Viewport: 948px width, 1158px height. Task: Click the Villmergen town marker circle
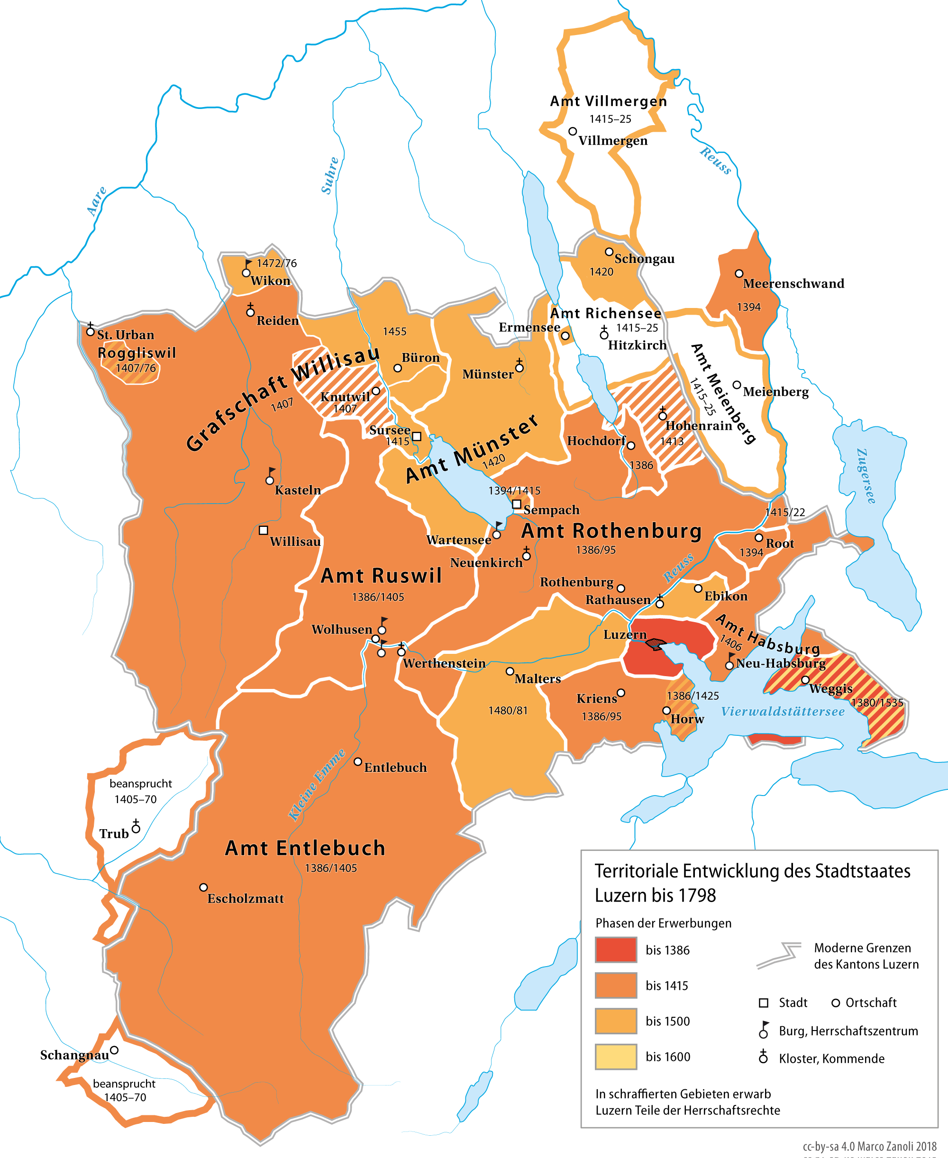click(572, 132)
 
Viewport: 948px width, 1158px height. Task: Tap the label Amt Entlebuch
click(305, 848)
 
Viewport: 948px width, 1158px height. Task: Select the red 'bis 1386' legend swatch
click(615, 950)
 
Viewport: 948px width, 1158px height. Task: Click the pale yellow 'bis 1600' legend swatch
click(615, 1057)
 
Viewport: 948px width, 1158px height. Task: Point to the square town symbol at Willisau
click(263, 530)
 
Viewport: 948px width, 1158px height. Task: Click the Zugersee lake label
click(866, 476)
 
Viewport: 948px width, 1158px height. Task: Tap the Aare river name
click(97, 201)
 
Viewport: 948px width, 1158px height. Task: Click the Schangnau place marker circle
click(114, 1050)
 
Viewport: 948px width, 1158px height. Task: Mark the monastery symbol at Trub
click(136, 827)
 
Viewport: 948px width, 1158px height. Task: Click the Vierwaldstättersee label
click(783, 712)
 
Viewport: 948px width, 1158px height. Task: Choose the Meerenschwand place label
click(793, 284)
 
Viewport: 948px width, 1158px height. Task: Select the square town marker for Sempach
click(516, 504)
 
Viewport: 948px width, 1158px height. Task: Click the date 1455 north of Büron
click(394, 331)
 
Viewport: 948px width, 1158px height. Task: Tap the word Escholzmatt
click(245, 899)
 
